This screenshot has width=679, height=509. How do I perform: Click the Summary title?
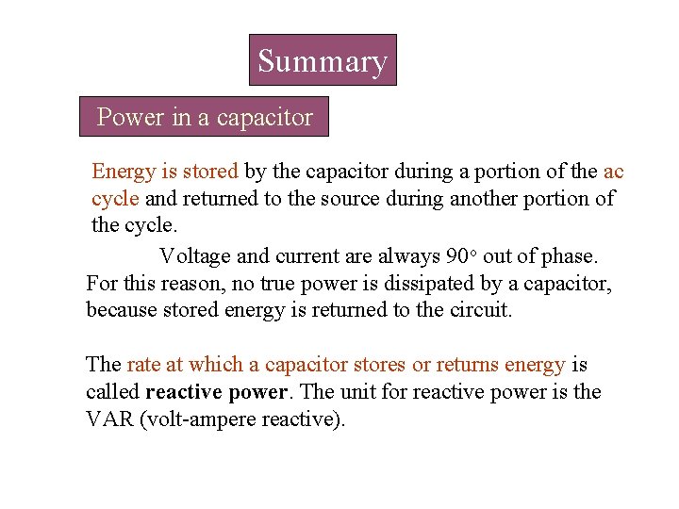coord(323,61)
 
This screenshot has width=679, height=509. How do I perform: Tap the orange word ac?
coord(613,172)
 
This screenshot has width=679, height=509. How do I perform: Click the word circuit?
coord(481,309)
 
